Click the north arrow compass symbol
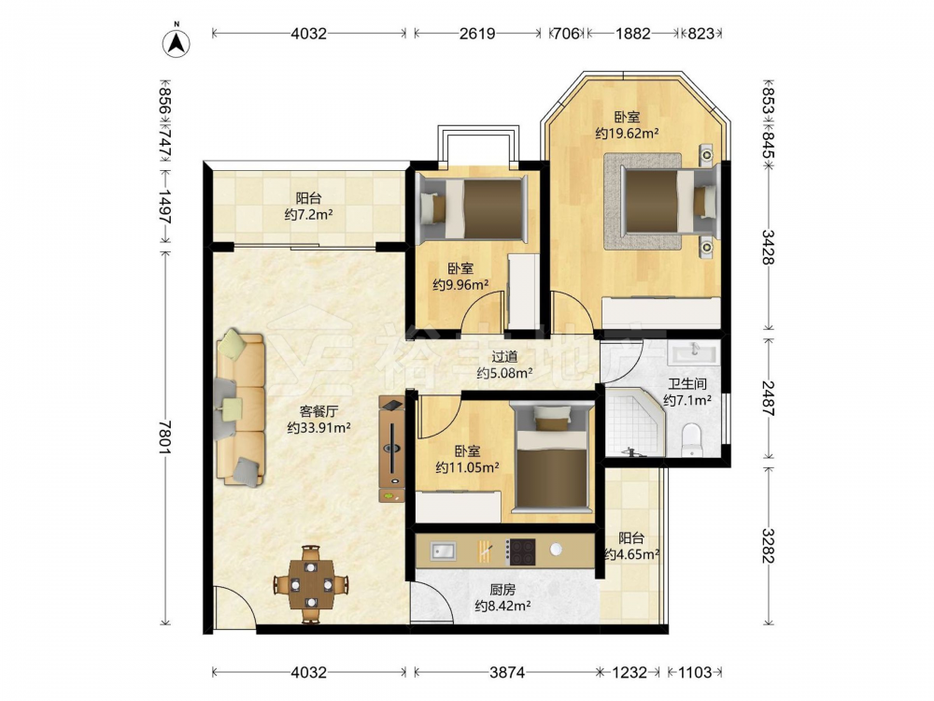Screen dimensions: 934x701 click(x=177, y=42)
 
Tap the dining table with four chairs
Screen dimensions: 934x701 click(x=310, y=584)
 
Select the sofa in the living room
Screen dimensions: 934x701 click(x=240, y=409)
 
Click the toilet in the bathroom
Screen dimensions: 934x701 click(x=691, y=440)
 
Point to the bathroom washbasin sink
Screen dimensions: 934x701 click(x=693, y=353)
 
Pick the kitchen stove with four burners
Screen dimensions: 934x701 click(x=520, y=552)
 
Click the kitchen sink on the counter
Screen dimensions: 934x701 click(x=443, y=551)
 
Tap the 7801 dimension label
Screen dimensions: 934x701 click(x=165, y=436)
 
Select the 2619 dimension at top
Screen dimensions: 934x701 click(x=477, y=34)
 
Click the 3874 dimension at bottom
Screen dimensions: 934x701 click(x=507, y=672)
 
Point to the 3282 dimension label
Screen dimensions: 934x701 click(x=769, y=546)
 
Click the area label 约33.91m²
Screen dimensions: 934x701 click(x=318, y=427)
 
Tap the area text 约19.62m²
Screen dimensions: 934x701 click(x=628, y=134)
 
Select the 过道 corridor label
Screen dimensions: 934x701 click(x=504, y=357)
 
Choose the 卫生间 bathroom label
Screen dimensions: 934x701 click(x=687, y=384)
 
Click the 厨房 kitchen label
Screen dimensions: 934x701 click(x=502, y=590)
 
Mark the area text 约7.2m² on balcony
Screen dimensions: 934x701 click(x=308, y=215)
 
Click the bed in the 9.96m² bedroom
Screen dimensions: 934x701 click(x=474, y=209)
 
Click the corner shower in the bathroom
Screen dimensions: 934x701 click(x=634, y=422)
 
